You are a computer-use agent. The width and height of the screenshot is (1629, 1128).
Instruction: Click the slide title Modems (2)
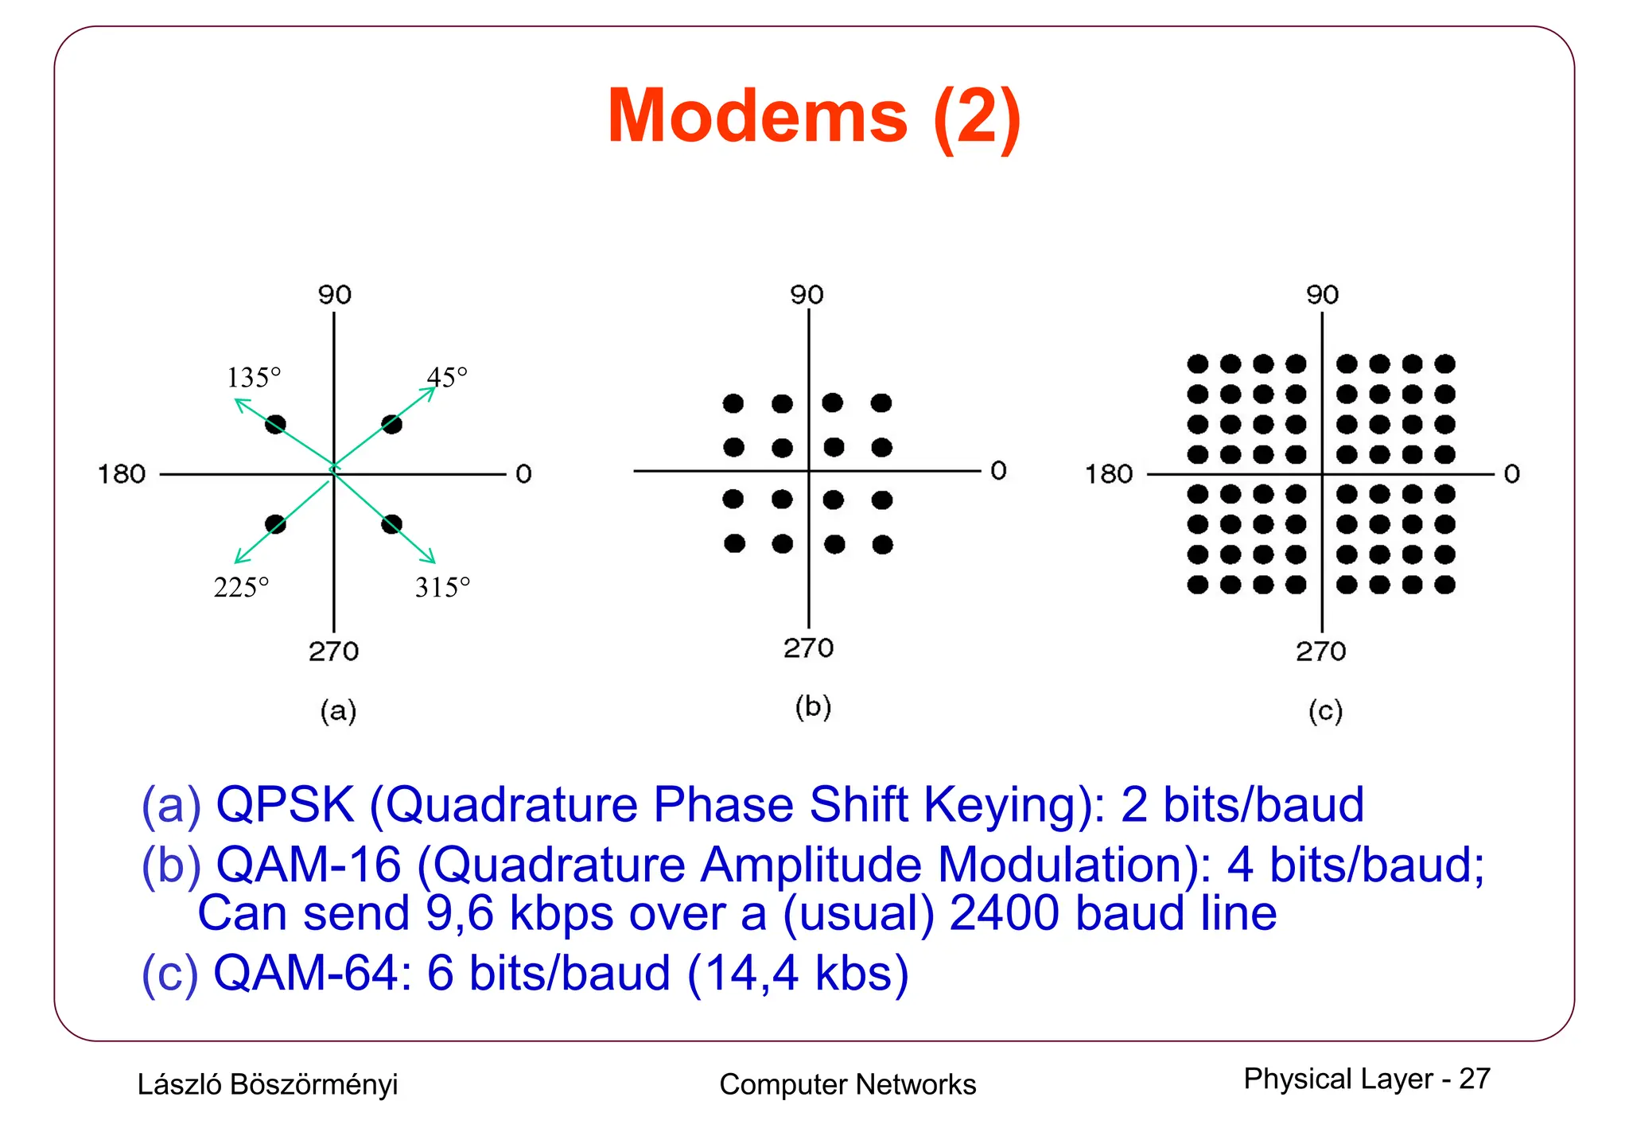pyautogui.click(x=814, y=116)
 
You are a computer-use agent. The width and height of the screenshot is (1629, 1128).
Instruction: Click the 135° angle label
pyautogui.click(x=254, y=377)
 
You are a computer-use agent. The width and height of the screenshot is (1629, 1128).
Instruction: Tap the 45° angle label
pyautogui.click(x=447, y=376)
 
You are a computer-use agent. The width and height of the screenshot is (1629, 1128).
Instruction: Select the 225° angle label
pyautogui.click(x=241, y=587)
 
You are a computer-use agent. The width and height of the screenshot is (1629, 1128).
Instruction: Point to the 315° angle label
pyautogui.click(x=442, y=587)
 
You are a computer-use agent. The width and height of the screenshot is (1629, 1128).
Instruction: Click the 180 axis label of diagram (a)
pyautogui.click(x=122, y=474)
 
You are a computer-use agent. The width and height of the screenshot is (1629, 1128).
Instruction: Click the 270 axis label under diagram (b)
pyautogui.click(x=808, y=648)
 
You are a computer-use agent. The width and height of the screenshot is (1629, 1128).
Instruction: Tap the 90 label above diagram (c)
pyautogui.click(x=1322, y=295)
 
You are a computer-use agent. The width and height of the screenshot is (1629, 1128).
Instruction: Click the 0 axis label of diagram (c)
pyautogui.click(x=1511, y=474)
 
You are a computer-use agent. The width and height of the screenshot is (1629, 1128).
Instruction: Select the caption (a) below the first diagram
pyautogui.click(x=338, y=710)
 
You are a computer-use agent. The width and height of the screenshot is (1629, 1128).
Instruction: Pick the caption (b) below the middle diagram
pyautogui.click(x=813, y=706)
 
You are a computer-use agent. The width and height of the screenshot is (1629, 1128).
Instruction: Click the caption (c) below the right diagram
pyautogui.click(x=1325, y=710)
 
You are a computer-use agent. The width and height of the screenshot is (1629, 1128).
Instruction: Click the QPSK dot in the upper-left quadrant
pyautogui.click(x=275, y=424)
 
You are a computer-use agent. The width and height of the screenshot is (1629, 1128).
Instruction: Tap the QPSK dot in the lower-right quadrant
pyautogui.click(x=391, y=524)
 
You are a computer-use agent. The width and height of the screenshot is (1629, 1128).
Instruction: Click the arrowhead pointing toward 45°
pyautogui.click(x=430, y=391)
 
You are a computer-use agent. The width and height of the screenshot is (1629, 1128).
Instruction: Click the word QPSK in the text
pyautogui.click(x=285, y=804)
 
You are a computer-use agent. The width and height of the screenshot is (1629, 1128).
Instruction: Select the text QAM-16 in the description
pyautogui.click(x=309, y=865)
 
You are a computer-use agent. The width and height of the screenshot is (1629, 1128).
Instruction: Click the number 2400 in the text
pyautogui.click(x=1004, y=913)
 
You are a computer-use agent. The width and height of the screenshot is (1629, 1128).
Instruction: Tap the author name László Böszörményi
pyautogui.click(x=267, y=1084)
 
